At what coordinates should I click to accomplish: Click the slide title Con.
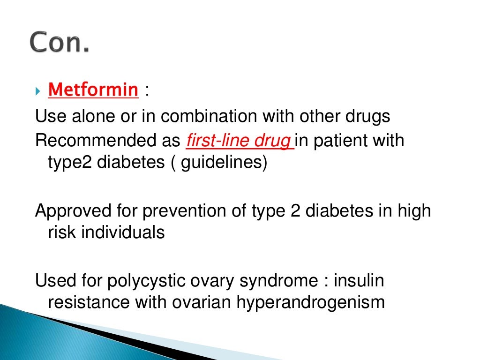click(x=59, y=44)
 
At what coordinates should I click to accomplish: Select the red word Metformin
click(x=93, y=90)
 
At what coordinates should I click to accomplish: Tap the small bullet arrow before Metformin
click(x=39, y=90)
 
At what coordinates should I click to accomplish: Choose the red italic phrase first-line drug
click(x=239, y=141)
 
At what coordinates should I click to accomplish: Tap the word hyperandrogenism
click(x=310, y=302)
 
